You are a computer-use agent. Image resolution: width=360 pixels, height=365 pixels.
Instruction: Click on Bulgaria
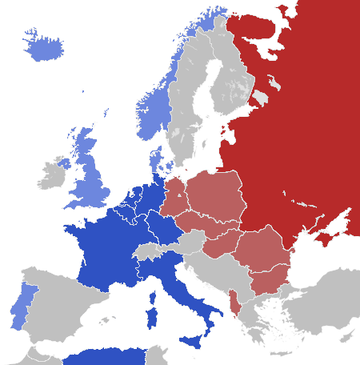[x=268, y=280]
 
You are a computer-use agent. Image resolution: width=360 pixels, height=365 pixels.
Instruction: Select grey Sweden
[x=192, y=112]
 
